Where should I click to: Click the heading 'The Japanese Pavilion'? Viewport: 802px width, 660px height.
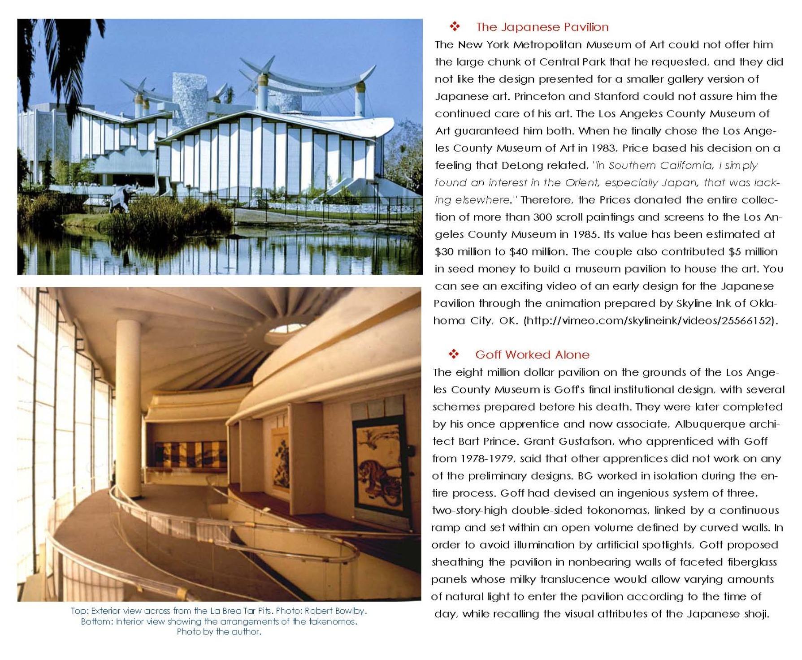(x=542, y=27)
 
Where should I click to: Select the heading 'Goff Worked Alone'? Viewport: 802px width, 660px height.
(x=532, y=355)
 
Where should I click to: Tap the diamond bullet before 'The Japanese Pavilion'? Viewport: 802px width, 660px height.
(x=455, y=27)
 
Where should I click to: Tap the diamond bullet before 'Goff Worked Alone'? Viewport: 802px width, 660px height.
(x=454, y=354)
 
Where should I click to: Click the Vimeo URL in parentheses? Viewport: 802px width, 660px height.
(x=650, y=321)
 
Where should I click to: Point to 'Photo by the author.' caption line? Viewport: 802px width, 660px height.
(x=219, y=632)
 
